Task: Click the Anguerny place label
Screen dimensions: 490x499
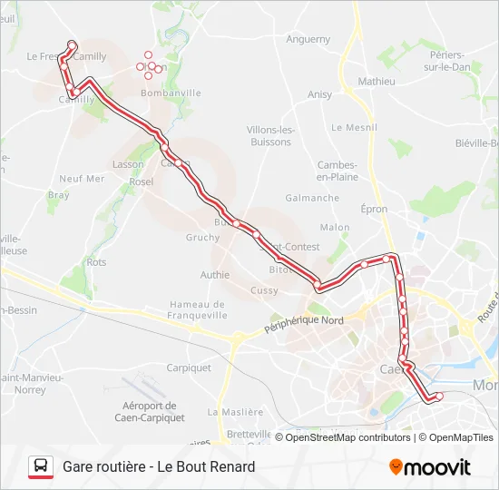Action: pos(308,39)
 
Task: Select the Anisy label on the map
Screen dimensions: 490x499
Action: pos(319,94)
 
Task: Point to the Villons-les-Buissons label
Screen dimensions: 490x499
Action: pos(270,135)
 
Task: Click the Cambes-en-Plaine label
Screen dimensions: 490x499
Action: pos(338,171)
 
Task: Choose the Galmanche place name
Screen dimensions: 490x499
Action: pos(312,198)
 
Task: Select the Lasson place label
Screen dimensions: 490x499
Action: pos(128,164)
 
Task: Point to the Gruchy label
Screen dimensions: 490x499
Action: pos(202,238)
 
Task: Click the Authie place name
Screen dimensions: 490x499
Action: pos(215,275)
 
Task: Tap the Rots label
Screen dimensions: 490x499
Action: pos(96,262)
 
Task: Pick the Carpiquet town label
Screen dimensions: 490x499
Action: pos(189,367)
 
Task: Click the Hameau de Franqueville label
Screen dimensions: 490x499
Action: pos(197,309)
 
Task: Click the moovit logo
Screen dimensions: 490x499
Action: pos(430,467)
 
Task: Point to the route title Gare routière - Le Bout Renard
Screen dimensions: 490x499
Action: pos(159,466)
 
